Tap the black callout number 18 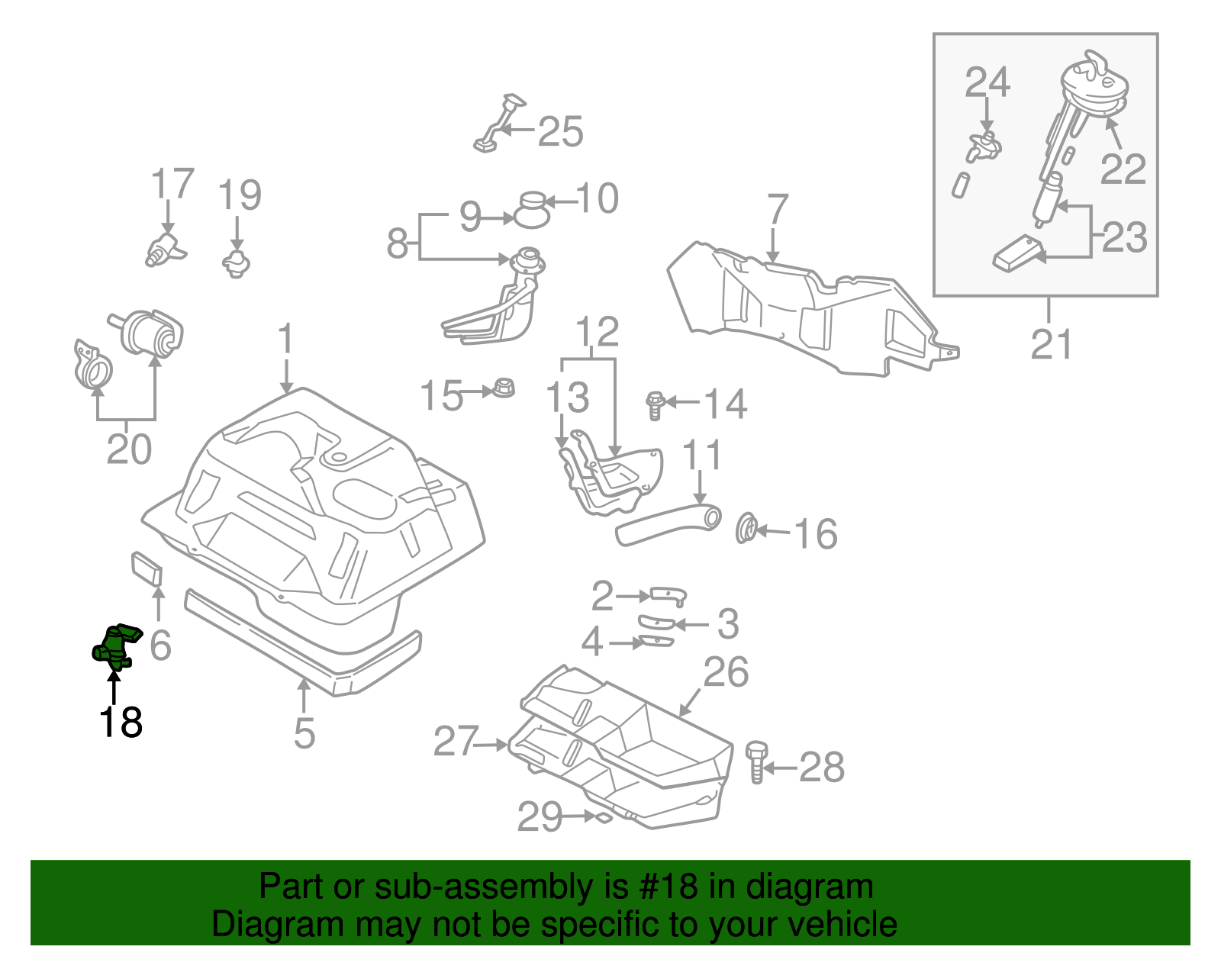click(121, 722)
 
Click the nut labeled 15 click(504, 388)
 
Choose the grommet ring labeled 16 click(746, 529)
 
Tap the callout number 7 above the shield click(776, 210)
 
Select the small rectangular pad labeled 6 click(147, 569)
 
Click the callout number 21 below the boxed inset click(1051, 344)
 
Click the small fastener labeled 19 click(237, 262)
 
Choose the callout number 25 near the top click(560, 132)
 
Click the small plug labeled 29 click(603, 818)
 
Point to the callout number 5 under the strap click(304, 732)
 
